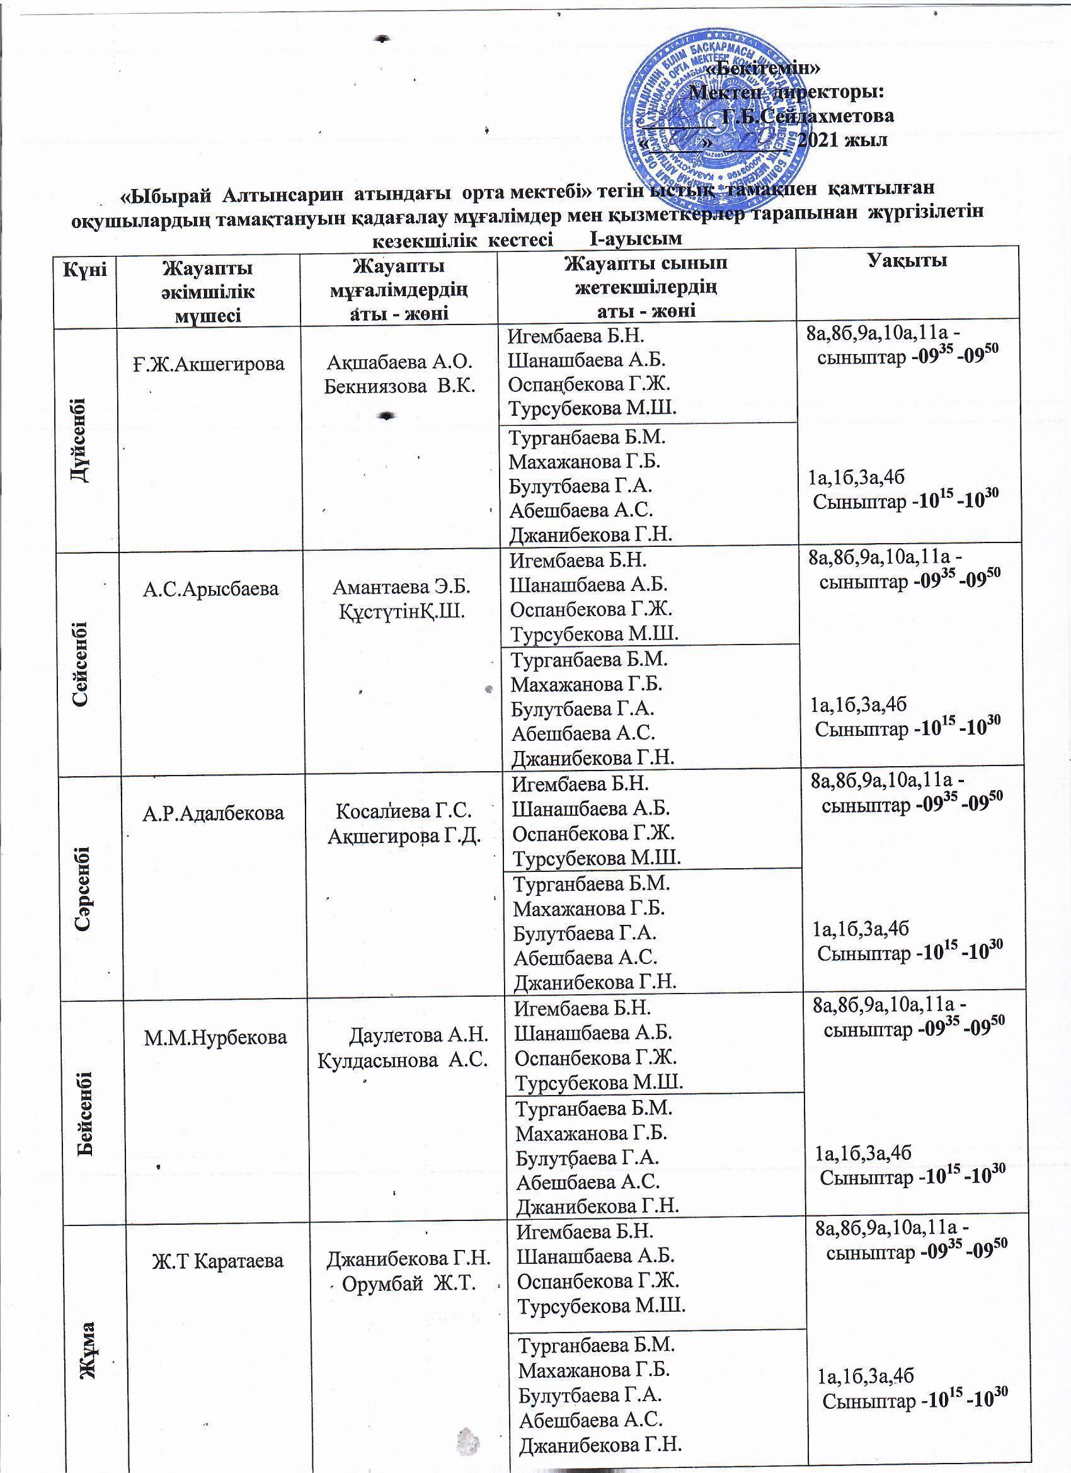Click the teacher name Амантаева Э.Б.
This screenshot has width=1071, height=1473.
coord(401,588)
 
